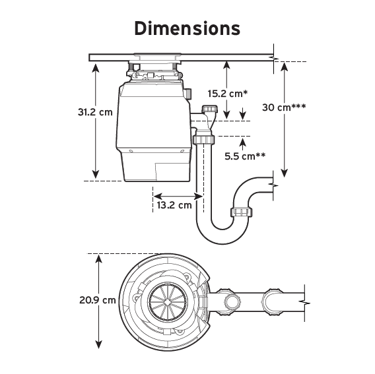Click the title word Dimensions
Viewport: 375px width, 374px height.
point(187,29)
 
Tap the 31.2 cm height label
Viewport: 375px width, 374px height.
point(95,112)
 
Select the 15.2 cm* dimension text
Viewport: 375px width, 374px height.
point(226,93)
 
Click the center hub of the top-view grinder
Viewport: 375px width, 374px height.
point(163,301)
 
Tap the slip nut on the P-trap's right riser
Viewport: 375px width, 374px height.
point(242,212)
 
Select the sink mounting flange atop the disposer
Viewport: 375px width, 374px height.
point(154,55)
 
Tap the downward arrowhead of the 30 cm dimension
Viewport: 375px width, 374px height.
point(285,173)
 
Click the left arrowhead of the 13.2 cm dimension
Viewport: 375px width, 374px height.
point(156,195)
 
